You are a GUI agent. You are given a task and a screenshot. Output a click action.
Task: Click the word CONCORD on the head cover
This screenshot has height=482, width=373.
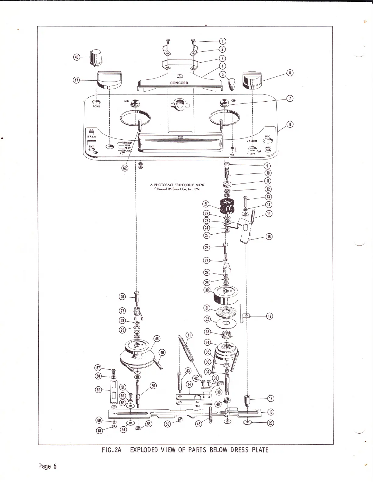pos(179,83)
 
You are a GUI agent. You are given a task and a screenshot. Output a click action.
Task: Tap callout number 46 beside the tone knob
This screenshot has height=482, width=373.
pos(76,57)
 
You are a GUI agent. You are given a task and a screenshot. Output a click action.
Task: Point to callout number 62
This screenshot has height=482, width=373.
pos(125,168)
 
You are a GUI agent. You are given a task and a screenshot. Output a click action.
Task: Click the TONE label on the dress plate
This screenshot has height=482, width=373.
pos(96,107)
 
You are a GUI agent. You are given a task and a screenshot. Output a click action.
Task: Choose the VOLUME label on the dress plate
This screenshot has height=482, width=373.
pos(252,141)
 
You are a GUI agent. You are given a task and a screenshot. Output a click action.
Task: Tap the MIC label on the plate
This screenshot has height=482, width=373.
pos(268,137)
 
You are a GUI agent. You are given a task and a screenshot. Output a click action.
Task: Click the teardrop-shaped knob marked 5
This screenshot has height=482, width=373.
pos(233,83)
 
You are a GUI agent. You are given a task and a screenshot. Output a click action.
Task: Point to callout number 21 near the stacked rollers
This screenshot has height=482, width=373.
pos(207,204)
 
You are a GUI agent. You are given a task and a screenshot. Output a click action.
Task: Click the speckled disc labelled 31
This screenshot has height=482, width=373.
pos(227,312)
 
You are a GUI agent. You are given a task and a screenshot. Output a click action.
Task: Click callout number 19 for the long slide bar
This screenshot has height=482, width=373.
pos(271,412)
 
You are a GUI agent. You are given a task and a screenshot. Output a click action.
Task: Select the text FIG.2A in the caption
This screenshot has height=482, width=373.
pos(112,450)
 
